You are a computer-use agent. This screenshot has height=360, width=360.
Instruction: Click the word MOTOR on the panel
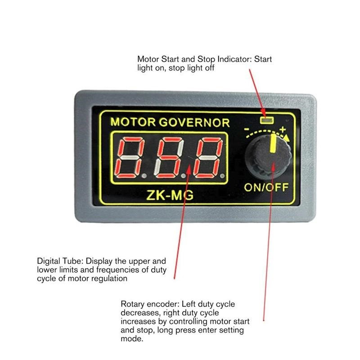coord(133,122)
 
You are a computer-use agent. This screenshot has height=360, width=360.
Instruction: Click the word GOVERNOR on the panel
coord(194,122)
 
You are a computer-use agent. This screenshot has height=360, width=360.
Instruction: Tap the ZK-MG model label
coord(170,195)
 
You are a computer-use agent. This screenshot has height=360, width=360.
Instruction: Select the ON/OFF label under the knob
coord(266,188)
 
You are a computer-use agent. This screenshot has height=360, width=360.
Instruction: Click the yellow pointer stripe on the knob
coord(273,143)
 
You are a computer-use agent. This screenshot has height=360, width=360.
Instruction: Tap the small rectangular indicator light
coord(266,120)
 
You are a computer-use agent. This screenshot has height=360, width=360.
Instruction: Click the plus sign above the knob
coord(283,129)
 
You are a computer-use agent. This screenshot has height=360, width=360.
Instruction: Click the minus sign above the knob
coord(247,129)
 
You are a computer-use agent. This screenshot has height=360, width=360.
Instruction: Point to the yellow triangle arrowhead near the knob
coord(286,138)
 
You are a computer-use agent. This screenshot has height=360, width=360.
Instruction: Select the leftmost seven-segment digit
coord(130,157)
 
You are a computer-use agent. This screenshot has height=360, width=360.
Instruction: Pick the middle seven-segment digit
coord(169,157)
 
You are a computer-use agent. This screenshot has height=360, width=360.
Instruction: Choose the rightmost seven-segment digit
coord(208,157)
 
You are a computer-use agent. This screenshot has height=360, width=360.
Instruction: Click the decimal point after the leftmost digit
coord(144,176)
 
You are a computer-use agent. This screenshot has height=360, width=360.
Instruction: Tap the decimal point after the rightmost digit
coord(222,176)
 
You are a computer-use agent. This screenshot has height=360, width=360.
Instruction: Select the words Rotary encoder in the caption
coord(150,304)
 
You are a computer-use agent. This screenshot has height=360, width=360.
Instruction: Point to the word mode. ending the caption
coord(132,339)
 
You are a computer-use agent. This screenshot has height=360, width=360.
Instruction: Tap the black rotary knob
coord(268,157)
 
